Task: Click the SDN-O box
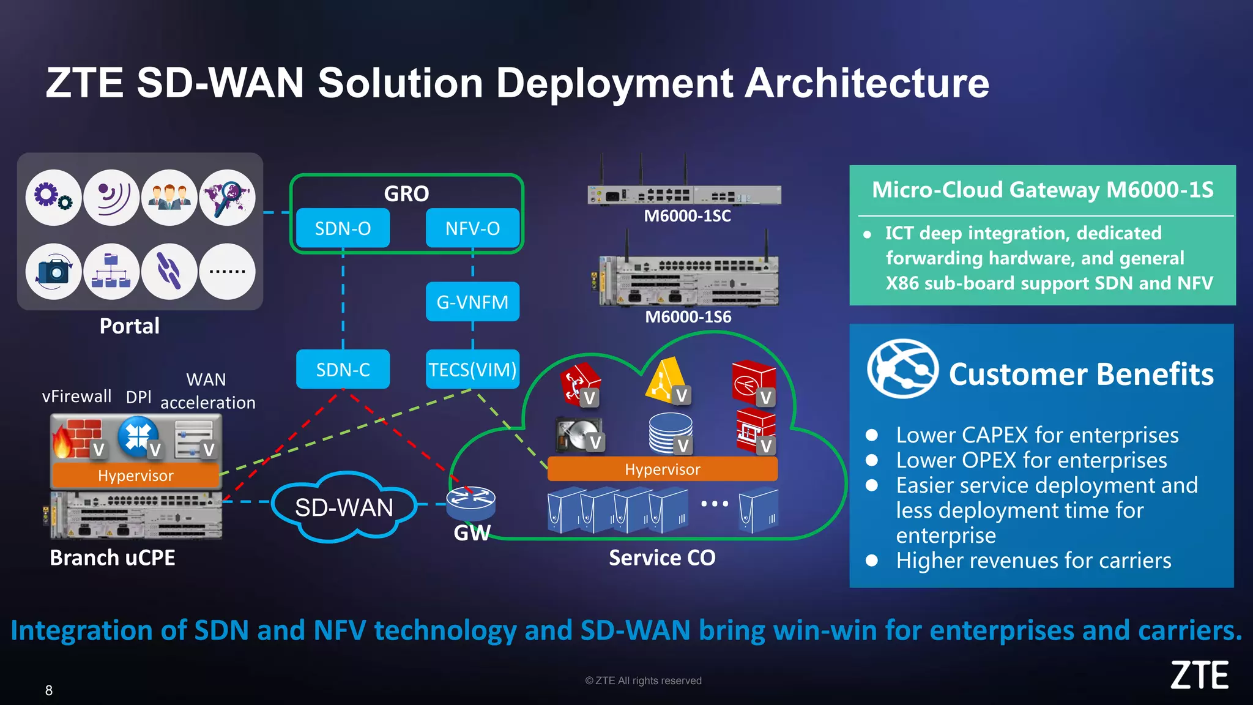click(343, 228)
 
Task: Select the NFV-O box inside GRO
click(472, 228)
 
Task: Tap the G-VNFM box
click(472, 302)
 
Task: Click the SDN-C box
click(343, 370)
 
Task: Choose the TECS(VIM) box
click(472, 370)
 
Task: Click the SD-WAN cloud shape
click(344, 507)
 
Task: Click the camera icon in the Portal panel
click(53, 271)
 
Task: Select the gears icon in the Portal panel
click(53, 197)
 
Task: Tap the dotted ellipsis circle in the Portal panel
click(227, 271)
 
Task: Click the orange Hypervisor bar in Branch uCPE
click(136, 476)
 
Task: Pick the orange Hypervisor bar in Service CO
click(662, 469)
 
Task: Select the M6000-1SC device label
click(687, 216)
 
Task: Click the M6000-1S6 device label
click(688, 317)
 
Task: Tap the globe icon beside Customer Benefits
click(902, 369)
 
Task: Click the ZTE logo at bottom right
click(1199, 676)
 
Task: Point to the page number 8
click(49, 690)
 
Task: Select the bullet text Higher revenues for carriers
click(1033, 561)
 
